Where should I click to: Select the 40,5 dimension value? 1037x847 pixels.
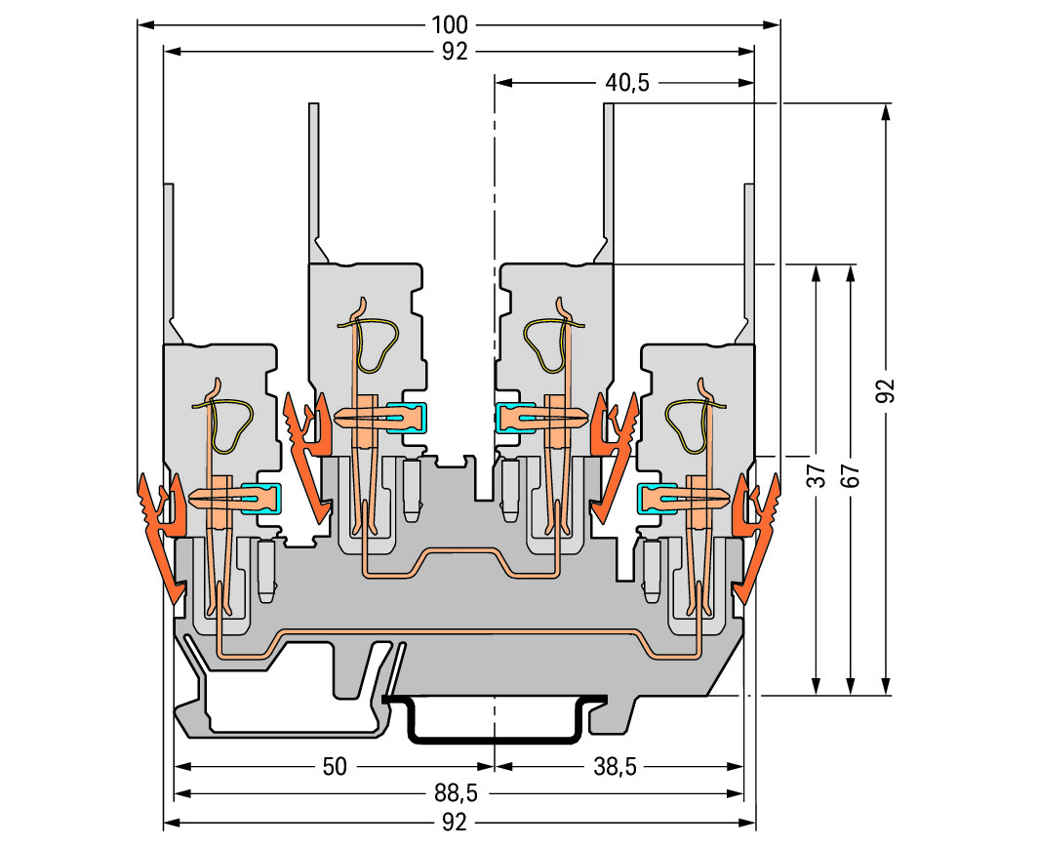[x=626, y=83]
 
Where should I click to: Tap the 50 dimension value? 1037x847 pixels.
[x=335, y=767]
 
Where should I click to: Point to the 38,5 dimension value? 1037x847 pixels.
[x=615, y=767]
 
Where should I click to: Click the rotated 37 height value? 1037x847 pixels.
[x=818, y=475]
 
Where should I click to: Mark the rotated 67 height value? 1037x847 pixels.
[x=851, y=475]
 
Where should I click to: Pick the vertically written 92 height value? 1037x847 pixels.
[x=885, y=390]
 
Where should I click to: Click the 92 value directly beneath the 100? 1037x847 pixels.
[x=455, y=53]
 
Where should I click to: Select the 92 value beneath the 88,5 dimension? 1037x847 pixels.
[x=455, y=822]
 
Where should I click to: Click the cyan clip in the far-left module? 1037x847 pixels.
[x=261, y=500]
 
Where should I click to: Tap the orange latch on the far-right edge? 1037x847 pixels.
[x=759, y=532]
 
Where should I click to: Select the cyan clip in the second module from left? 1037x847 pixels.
[x=408, y=418]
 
